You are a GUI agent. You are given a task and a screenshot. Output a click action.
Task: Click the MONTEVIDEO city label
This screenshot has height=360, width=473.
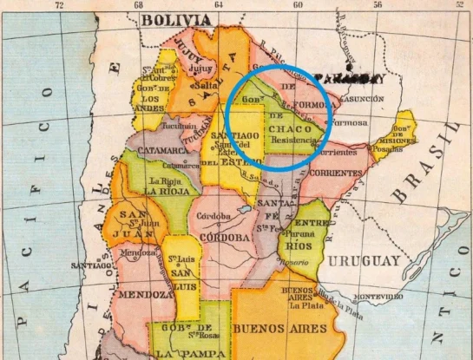[x=377, y=297]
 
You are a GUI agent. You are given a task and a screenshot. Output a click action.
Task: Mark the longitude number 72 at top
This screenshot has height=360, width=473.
[x=59, y=5]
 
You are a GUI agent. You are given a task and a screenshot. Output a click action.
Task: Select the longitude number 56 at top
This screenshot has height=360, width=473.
[x=378, y=5]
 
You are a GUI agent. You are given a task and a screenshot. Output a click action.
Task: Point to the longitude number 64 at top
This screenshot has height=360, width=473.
[x=218, y=5]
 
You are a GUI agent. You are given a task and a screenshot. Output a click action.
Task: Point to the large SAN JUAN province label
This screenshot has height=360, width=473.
[x=130, y=222]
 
